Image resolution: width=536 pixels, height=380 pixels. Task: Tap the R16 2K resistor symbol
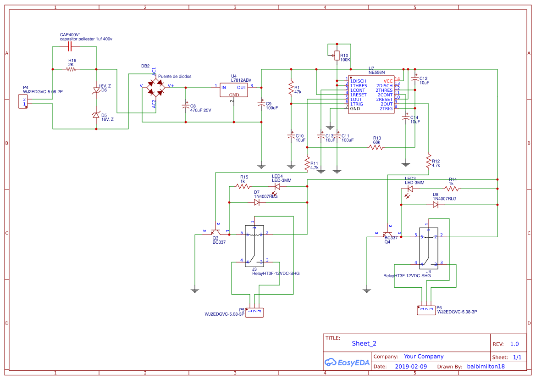pos(72,69)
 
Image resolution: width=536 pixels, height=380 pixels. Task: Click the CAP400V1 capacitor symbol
pos(71,47)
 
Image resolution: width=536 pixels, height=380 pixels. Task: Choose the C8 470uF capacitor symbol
pos(186,106)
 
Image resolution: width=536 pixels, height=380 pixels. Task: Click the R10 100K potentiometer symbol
pos(337,56)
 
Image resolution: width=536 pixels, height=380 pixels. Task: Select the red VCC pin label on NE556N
pos(388,81)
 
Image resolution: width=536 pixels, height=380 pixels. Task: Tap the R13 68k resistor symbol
pos(376,147)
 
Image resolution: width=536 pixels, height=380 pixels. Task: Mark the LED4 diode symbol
pos(277,186)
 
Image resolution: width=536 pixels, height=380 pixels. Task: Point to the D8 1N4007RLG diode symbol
pos(435,205)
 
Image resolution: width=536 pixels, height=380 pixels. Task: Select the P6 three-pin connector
pos(426,310)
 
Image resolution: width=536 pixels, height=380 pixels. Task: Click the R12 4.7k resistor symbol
pos(429,162)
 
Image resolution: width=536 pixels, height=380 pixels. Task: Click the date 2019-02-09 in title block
pos(410,367)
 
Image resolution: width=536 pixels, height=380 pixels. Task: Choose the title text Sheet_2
pos(364,343)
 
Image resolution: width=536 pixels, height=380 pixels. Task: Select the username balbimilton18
pos(486,367)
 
